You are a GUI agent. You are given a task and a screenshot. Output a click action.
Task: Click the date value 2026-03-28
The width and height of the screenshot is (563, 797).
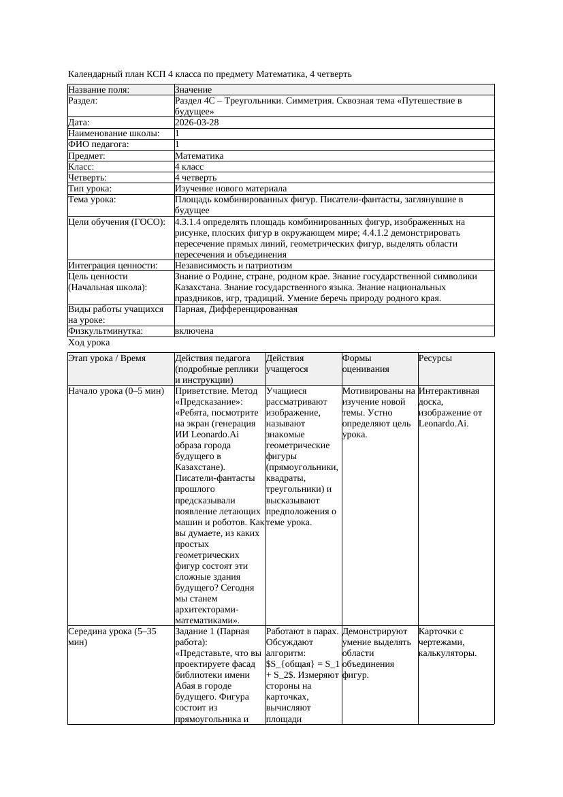coord(197,123)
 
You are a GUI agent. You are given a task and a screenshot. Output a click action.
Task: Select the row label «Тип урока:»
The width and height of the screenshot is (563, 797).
coord(100,188)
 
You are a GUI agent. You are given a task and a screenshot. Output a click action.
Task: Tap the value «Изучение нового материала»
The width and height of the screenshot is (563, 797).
coord(231,188)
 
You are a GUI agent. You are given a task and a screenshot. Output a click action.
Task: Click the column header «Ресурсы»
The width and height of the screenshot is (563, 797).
coord(436,358)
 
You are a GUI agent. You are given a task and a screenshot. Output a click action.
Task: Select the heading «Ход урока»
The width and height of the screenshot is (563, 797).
coord(89,343)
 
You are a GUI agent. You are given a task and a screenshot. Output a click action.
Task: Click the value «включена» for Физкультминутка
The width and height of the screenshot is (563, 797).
coord(194,331)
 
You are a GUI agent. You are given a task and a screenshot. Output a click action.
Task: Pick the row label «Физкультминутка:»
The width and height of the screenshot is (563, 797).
coord(106,331)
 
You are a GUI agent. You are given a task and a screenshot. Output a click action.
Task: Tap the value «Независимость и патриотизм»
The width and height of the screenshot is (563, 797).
coord(234,265)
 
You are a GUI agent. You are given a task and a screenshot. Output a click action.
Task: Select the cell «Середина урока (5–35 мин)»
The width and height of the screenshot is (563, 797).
coord(112,637)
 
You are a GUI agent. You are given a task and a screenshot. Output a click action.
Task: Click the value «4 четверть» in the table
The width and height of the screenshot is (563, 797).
coord(196,177)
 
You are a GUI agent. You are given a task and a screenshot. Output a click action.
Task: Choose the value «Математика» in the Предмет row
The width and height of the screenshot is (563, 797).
coord(199,155)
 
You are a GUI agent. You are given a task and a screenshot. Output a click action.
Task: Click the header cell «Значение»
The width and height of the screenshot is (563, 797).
coord(193,89)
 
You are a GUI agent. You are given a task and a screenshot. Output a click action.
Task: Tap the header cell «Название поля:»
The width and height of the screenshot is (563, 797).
coord(99,89)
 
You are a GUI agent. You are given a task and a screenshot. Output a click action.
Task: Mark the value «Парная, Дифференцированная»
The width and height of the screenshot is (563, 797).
coord(236,309)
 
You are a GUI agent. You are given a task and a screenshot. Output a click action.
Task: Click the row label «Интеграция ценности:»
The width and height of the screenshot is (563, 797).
coord(113,265)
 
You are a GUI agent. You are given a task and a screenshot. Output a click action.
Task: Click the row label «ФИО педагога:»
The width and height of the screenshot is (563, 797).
coord(99,144)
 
